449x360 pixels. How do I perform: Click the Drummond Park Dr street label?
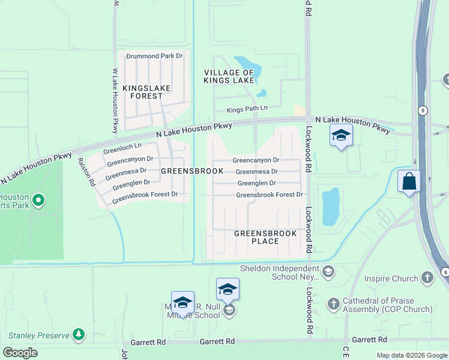pyautogui.click(x=154, y=56)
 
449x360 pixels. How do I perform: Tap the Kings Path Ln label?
pyautogui.click(x=247, y=109)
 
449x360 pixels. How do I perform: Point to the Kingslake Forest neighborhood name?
pyautogui.click(x=146, y=92)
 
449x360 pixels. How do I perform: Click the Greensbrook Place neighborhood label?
pyautogui.click(x=265, y=237)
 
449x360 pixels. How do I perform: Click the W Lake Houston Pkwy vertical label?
pyautogui.click(x=115, y=101)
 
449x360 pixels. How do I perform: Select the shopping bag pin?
pyautogui.click(x=409, y=181)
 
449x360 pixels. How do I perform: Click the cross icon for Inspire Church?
pyautogui.click(x=427, y=278)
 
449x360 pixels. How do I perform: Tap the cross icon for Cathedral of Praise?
pyautogui.click(x=334, y=304)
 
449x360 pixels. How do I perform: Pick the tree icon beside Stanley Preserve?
pyautogui.click(x=78, y=334)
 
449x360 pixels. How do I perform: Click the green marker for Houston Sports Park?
pyautogui.click(x=38, y=200)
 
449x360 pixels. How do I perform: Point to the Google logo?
pyautogui.click(x=20, y=353)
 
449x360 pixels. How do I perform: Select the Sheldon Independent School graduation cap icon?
pyautogui.click(x=328, y=272)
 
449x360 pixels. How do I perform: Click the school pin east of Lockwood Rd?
pyautogui.click(x=340, y=136)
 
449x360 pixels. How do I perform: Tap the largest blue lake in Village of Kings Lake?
pyautogui.click(x=246, y=68)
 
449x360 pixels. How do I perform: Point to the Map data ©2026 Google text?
pyautogui.click(x=411, y=355)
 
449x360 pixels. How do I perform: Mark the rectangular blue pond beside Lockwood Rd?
pyautogui.click(x=331, y=207)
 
